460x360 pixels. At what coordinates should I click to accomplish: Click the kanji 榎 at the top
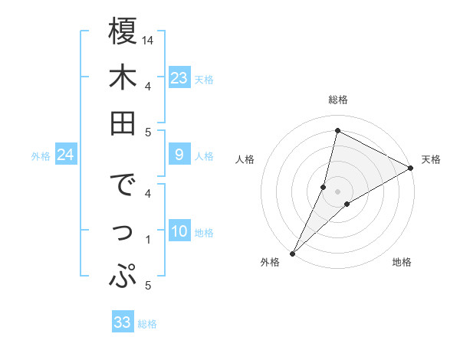point(123,32)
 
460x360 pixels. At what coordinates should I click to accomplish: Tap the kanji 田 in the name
point(123,123)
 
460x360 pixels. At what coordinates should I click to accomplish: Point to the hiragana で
point(123,186)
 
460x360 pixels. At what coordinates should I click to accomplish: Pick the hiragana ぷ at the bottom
point(123,276)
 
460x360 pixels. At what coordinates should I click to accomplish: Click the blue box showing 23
point(179,78)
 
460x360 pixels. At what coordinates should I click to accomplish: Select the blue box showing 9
point(179,155)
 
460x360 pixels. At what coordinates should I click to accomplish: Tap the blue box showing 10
point(179,232)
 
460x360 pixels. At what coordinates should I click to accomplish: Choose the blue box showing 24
point(65,155)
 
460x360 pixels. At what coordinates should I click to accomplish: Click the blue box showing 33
point(123,322)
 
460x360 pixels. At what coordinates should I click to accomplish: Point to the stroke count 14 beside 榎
point(148,40)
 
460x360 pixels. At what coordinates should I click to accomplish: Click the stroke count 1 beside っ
point(147,240)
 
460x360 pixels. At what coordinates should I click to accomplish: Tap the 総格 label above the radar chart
point(338,100)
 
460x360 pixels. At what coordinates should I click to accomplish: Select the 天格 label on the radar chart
point(431,159)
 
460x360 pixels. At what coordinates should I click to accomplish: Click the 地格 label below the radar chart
point(402,262)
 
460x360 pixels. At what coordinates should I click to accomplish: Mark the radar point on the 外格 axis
point(292,253)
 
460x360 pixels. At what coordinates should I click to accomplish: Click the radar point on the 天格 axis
point(411,168)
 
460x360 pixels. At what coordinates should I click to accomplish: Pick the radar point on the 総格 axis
point(337,130)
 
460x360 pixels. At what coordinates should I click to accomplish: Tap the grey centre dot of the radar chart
point(337,191)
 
